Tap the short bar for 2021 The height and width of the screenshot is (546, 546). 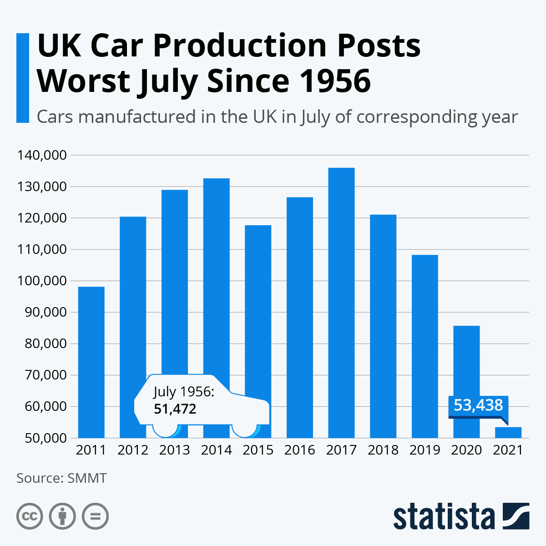508,432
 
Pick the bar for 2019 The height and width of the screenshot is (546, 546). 425,346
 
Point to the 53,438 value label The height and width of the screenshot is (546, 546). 478,405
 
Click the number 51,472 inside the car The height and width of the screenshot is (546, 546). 175,409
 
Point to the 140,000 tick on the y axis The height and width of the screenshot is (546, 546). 42,155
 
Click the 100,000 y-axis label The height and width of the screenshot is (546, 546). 42,281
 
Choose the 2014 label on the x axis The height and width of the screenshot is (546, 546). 216,450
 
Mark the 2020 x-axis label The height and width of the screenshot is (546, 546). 466,450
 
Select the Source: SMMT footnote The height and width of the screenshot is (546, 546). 61,478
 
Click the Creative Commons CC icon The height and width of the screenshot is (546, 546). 30,516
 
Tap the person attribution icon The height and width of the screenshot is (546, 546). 62,516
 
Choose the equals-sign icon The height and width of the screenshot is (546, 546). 95,516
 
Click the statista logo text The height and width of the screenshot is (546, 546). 444,516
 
